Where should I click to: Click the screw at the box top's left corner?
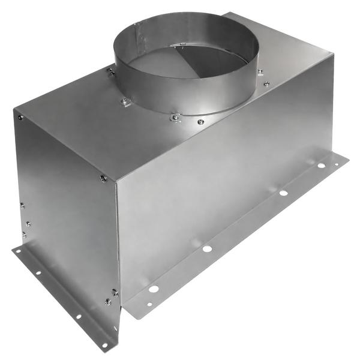(x=20, y=117)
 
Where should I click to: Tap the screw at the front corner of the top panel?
(x=103, y=178)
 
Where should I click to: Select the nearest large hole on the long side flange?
(x=154, y=289)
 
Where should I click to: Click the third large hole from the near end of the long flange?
(x=283, y=193)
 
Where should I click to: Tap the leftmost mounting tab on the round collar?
(x=111, y=72)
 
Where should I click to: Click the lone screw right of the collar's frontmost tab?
(x=200, y=122)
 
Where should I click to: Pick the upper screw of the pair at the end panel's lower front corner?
(x=115, y=292)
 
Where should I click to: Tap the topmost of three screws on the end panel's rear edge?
(x=22, y=205)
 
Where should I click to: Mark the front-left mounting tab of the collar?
(x=125, y=101)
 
